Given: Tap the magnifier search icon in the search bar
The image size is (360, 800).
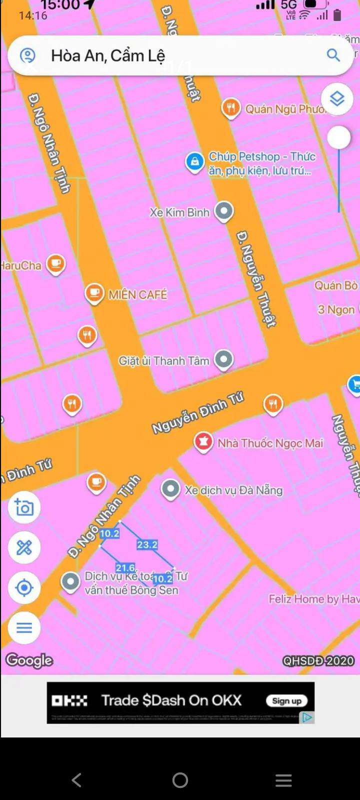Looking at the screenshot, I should click(333, 55).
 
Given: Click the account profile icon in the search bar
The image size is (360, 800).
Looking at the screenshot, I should click(27, 55).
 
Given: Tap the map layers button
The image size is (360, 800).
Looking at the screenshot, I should click(337, 98).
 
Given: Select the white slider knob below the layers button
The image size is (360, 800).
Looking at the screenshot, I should click(339, 137).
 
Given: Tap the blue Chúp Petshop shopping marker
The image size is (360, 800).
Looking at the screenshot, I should click(194, 161).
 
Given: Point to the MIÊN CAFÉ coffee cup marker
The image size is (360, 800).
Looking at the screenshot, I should click(94, 293).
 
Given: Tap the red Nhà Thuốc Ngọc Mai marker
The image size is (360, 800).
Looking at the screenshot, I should click(203, 442).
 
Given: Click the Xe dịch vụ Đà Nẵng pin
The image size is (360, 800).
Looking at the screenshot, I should click(170, 488).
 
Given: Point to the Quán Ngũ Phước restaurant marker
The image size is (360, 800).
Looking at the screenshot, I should click(230, 107).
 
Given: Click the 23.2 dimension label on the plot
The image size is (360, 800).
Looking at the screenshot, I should click(147, 544).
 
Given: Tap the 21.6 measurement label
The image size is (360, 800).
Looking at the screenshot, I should click(125, 567).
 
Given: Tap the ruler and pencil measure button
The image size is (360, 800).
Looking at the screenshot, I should click(24, 547).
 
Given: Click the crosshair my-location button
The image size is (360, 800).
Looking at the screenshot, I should click(24, 587).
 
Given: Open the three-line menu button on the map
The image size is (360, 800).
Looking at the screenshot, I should click(24, 627).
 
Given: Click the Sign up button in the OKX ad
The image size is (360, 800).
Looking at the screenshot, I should click(286, 701).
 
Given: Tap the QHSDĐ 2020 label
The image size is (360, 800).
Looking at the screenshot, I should click(318, 661).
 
